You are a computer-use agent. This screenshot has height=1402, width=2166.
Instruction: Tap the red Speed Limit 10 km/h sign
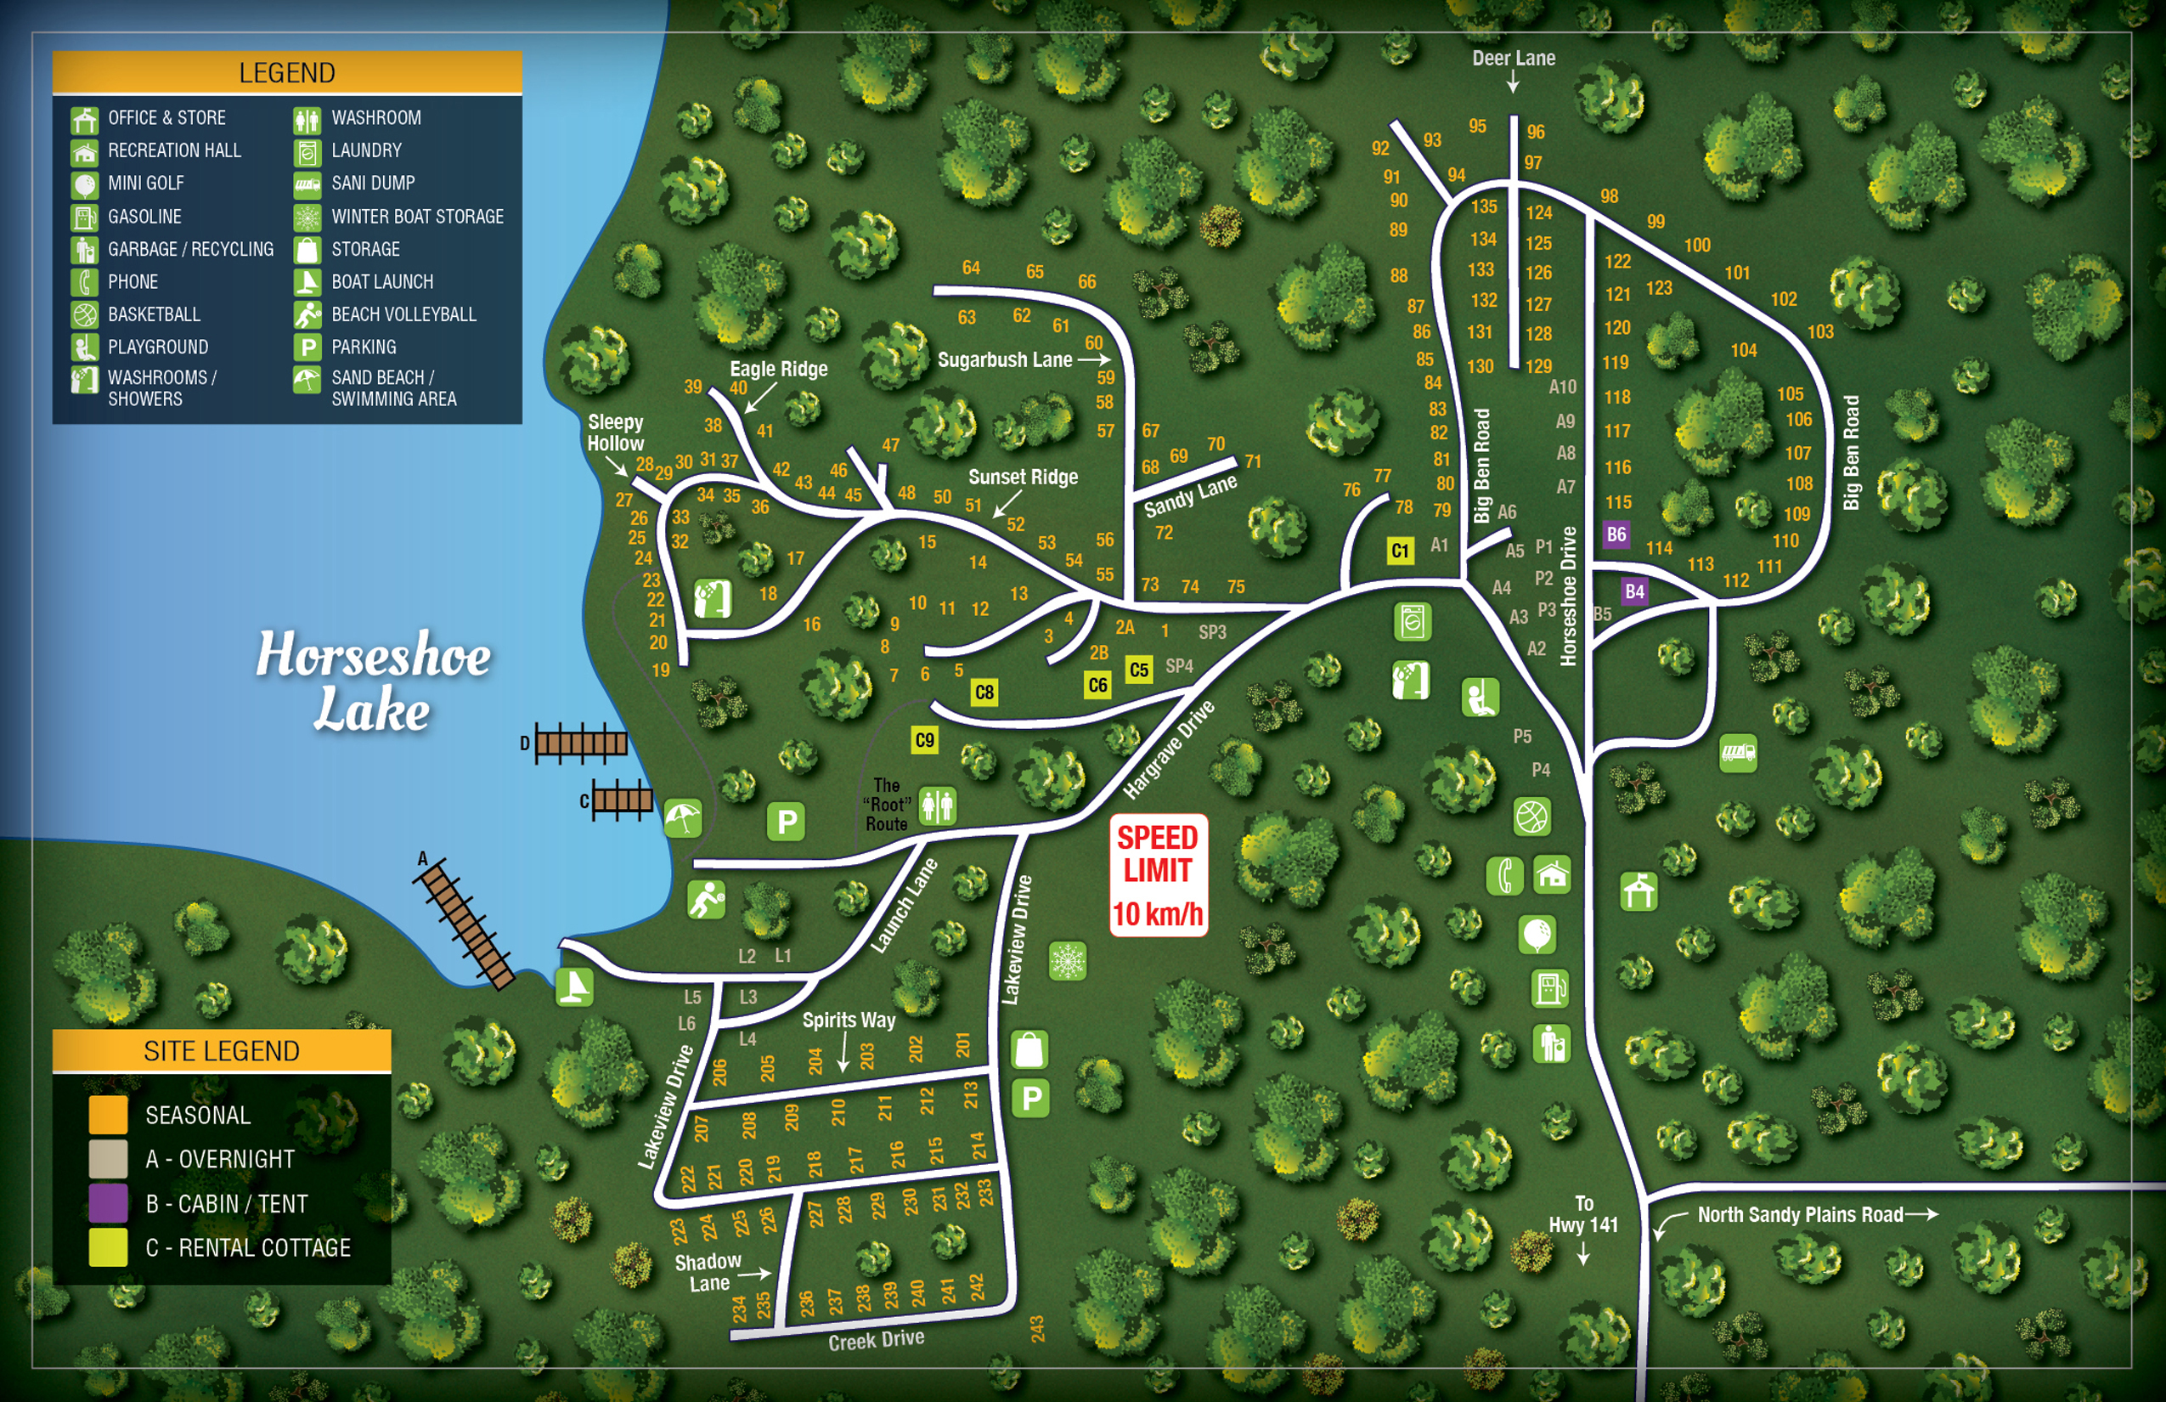click(x=1158, y=875)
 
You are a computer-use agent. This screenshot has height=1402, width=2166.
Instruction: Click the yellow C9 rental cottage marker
click(x=924, y=740)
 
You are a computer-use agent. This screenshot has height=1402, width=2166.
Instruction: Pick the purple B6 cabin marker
click(x=1616, y=534)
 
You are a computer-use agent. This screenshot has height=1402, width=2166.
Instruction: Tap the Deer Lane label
click(x=1514, y=59)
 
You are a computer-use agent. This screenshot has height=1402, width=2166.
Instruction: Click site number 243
click(x=1037, y=1328)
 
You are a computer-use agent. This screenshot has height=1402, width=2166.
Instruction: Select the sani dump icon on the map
click(x=1737, y=754)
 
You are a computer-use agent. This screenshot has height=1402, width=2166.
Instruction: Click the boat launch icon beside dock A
click(x=575, y=986)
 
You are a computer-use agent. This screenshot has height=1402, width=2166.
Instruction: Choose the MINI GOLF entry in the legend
click(x=145, y=183)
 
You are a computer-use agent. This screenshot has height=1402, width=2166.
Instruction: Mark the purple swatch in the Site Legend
click(x=107, y=1203)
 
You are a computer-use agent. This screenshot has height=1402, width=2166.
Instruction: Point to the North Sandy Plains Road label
click(x=1799, y=1214)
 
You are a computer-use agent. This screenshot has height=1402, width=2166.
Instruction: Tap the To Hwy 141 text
click(x=1583, y=1214)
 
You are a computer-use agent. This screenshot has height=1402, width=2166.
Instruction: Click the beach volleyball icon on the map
click(x=706, y=901)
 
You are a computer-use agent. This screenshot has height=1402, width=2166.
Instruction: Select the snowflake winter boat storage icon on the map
click(x=1068, y=961)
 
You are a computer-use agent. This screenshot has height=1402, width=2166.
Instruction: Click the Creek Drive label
click(x=876, y=1340)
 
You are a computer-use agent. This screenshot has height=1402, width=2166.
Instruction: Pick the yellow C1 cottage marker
click(x=1400, y=550)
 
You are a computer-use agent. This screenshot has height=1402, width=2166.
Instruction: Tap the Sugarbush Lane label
click(x=1005, y=359)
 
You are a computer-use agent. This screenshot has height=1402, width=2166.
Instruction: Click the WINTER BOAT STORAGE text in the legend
click(x=417, y=217)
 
